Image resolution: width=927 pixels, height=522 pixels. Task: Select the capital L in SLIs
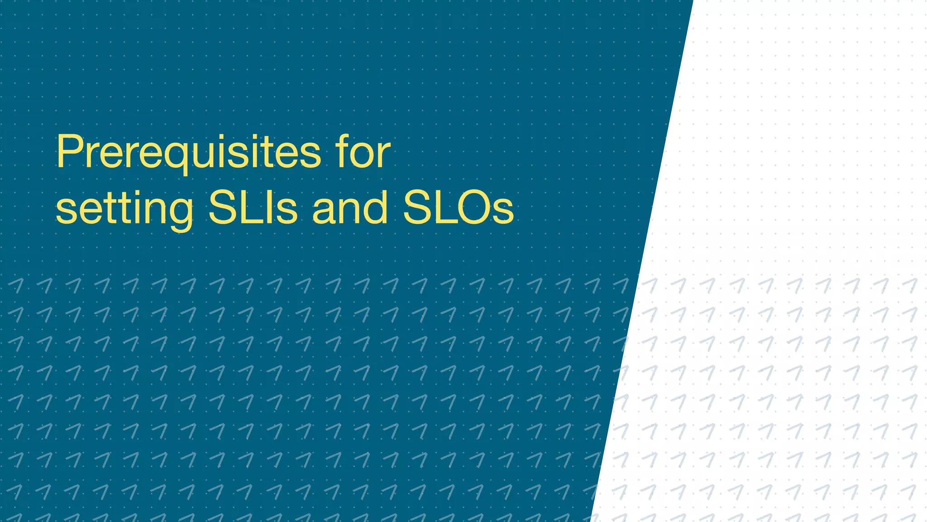click(x=254, y=208)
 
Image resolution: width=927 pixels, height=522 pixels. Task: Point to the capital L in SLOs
click(x=444, y=208)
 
